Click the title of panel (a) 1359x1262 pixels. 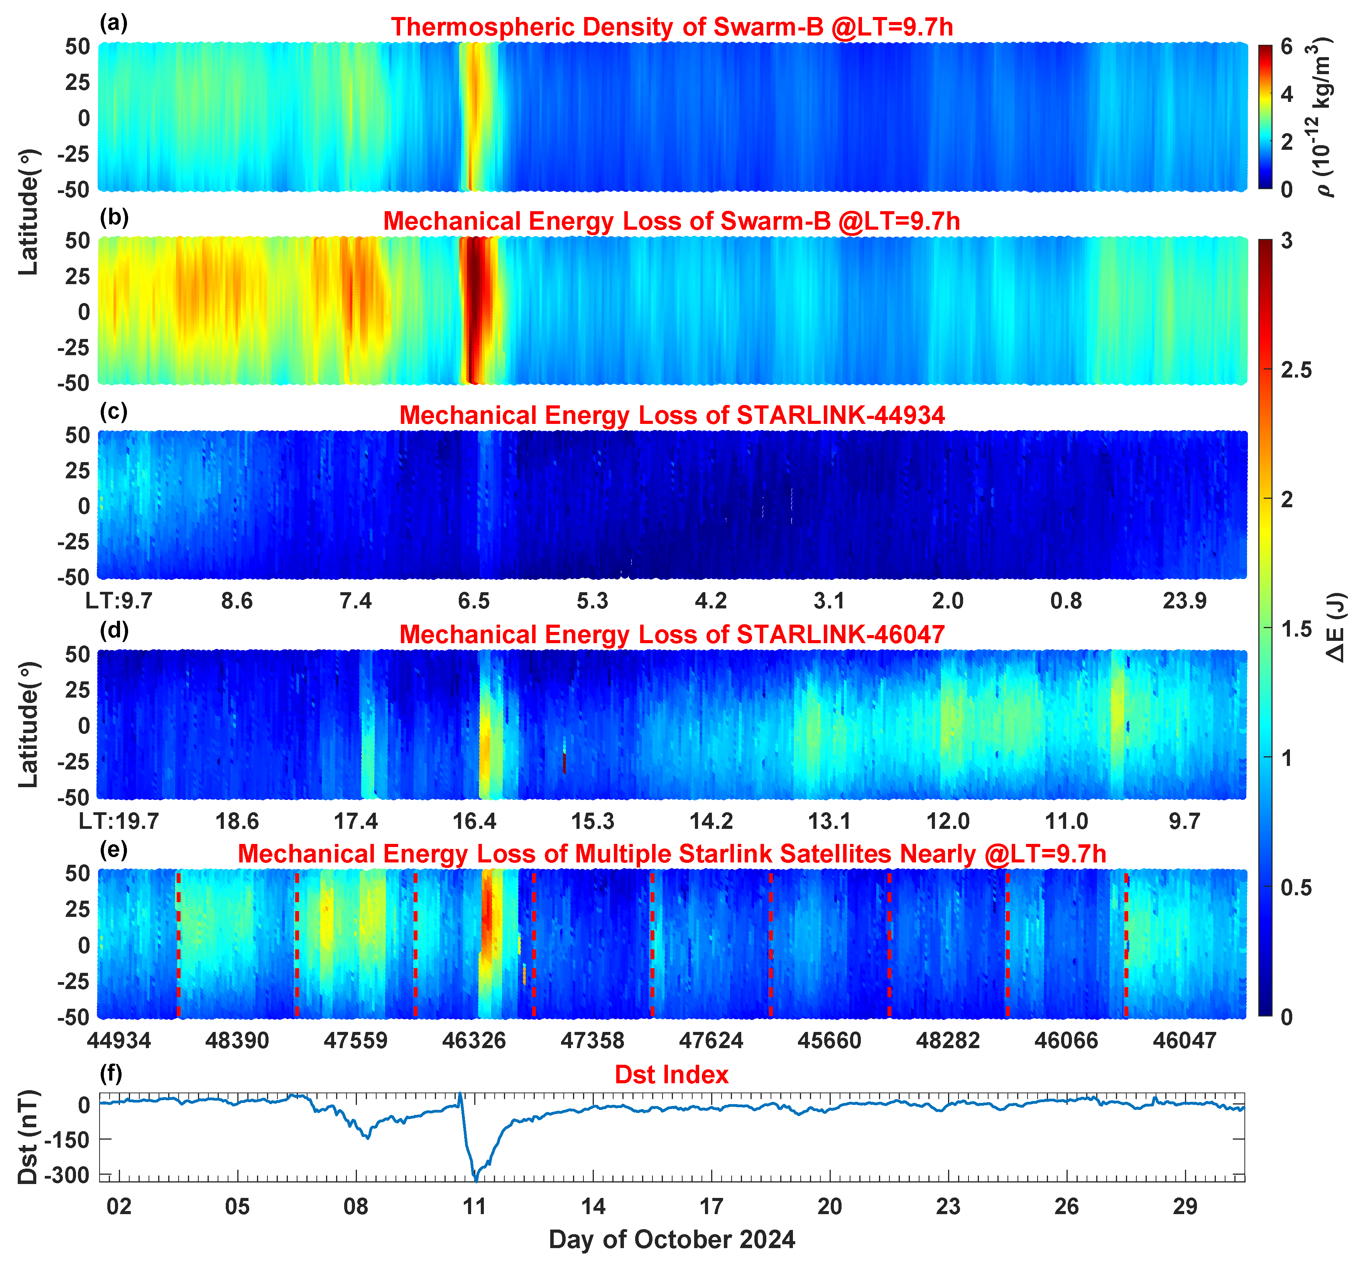(672, 27)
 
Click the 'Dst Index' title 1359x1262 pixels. (672, 1074)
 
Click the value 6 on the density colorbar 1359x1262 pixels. (1286, 46)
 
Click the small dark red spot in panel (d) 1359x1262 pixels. (565, 763)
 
